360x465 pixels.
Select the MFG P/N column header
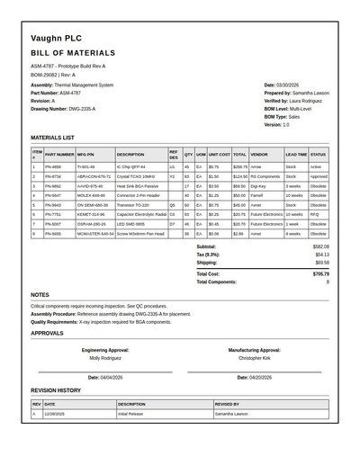(x=86, y=154)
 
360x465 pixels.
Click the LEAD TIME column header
(x=296, y=154)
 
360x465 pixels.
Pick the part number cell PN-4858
(x=53, y=166)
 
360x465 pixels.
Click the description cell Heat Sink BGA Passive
(x=135, y=185)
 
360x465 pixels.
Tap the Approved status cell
(x=319, y=176)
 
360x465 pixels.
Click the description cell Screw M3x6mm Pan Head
(x=139, y=233)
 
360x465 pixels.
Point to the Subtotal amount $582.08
(x=320, y=246)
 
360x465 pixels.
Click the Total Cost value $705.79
(x=320, y=273)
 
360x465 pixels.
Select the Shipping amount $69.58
(x=321, y=263)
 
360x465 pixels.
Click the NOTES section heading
(x=40, y=295)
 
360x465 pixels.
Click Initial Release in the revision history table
(x=134, y=414)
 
